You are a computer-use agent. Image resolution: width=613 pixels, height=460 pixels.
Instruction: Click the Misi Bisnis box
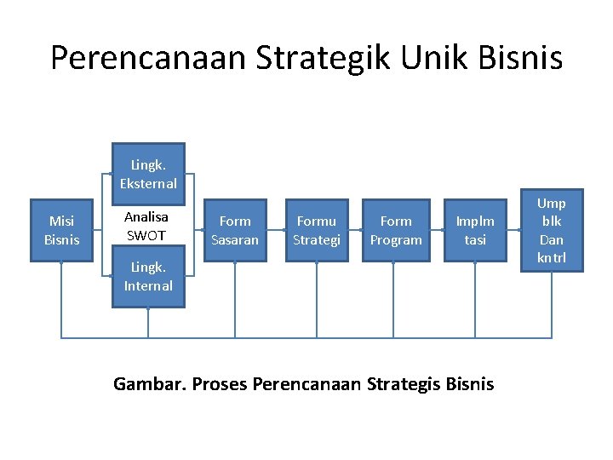pos(61,230)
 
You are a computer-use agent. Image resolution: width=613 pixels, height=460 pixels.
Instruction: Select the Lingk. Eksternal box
pos(148,174)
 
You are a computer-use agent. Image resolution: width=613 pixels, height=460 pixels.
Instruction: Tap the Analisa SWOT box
pos(146,226)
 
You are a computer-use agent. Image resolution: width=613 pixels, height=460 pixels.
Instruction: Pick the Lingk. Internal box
pos(148,277)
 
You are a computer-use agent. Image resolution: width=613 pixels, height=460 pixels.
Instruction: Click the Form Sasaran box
pos(235,230)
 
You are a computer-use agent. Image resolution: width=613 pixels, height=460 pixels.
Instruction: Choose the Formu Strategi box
pos(317,230)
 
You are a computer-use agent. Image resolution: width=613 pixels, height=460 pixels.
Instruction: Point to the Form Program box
pos(396,230)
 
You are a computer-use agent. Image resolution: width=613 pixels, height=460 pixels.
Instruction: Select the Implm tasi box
pos(475,230)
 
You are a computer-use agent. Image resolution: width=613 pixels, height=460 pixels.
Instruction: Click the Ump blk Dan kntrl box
pos(552,230)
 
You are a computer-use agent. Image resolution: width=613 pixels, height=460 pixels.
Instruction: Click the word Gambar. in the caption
pos(149,384)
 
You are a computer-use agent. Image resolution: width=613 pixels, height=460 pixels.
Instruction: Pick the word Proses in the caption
pos(219,384)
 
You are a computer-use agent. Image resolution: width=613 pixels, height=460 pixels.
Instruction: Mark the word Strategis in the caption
pos(405,384)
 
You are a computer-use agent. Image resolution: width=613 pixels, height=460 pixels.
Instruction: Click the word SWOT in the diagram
pos(146,235)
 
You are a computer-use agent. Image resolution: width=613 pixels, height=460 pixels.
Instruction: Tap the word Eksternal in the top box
pos(148,183)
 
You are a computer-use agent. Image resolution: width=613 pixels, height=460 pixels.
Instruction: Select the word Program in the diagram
pos(396,239)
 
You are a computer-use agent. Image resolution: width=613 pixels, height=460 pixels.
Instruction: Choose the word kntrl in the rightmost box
pos(552,257)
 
